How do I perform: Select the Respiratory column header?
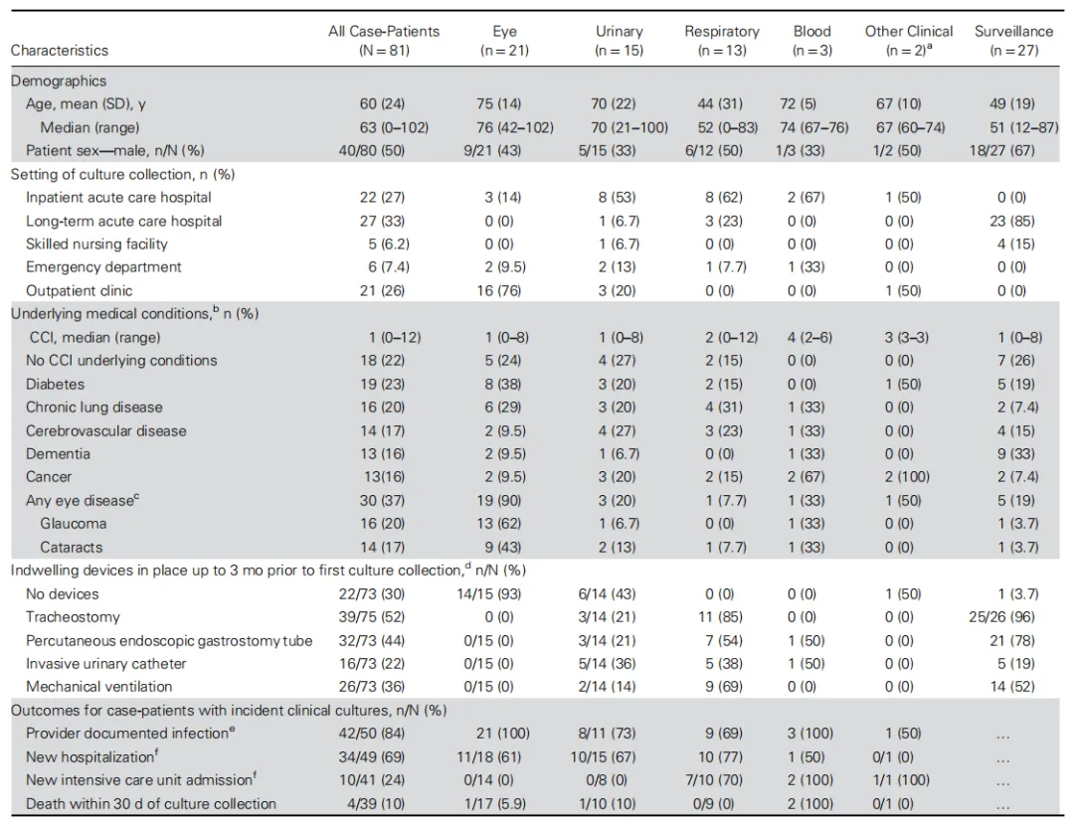coord(721,40)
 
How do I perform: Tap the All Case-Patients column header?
coord(383,40)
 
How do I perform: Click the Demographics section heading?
coord(59,81)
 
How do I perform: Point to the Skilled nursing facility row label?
coord(96,244)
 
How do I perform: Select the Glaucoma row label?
coord(74,524)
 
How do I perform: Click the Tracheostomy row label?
coord(66,617)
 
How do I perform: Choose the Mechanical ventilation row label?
coord(98,687)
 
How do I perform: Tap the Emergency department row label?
coord(103,267)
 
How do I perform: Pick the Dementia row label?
coord(58,454)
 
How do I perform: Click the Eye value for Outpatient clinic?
coord(504,290)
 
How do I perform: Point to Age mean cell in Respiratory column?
coord(721,104)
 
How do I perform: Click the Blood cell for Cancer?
coord(811,477)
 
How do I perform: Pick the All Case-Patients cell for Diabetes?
coord(383,385)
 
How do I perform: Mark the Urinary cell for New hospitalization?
coord(619,757)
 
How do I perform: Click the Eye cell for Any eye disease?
coord(504,501)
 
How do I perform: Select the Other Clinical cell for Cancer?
coord(908,477)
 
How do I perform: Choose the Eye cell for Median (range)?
coord(504,127)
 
